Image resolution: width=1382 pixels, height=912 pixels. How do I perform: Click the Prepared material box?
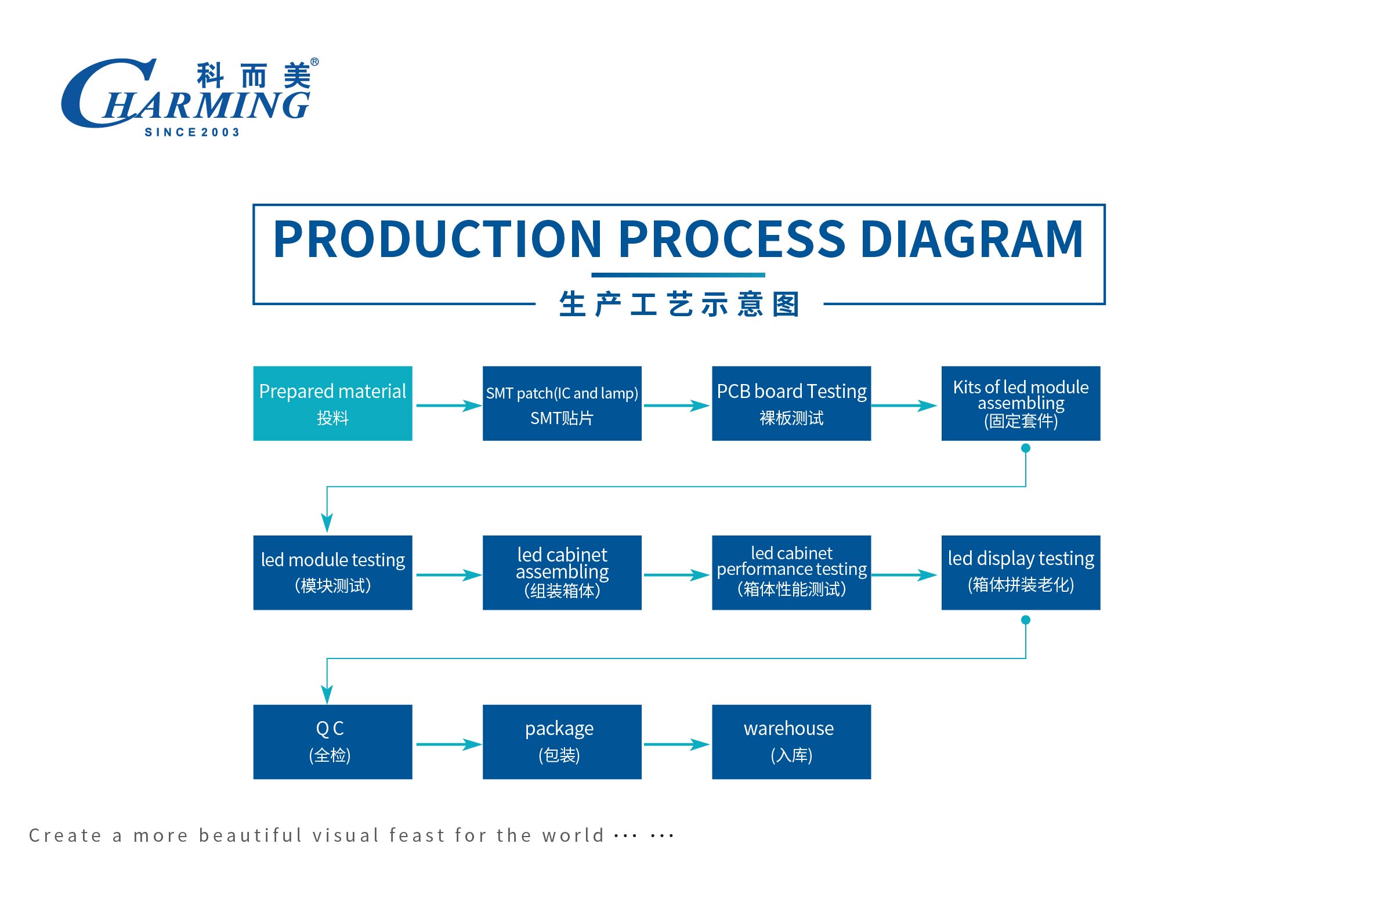[x=332, y=403]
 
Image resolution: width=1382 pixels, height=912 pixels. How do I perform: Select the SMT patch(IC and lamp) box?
[x=562, y=403]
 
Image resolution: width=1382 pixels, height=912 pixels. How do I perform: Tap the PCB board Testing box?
[x=791, y=403]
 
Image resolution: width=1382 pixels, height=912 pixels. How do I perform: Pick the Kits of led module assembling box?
[x=1020, y=403]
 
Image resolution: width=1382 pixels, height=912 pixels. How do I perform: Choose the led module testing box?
[x=332, y=573]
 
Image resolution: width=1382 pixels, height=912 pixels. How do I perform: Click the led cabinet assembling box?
[x=562, y=573]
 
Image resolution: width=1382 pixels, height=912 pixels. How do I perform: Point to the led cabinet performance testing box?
[x=791, y=573]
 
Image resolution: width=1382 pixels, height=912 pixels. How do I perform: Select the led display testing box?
[x=1020, y=573]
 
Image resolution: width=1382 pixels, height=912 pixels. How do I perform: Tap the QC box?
[x=332, y=741]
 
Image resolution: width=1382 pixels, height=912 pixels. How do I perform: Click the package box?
[x=562, y=741]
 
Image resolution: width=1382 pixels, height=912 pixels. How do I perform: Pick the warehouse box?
[x=791, y=741]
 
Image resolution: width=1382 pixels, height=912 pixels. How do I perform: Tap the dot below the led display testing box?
[x=1025, y=620]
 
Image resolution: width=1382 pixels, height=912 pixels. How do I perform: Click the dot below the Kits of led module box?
[x=1025, y=448]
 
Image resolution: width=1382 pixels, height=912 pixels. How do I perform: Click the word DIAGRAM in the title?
[x=971, y=239]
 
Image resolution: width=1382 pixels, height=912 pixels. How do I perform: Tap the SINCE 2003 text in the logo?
[x=192, y=133]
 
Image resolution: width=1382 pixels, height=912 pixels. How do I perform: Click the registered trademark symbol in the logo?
[x=314, y=61]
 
